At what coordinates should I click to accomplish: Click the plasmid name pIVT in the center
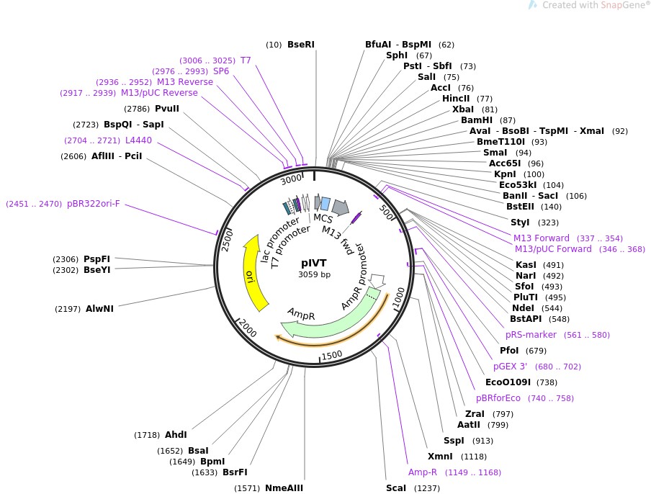tap(314, 264)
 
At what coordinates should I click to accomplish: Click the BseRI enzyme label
tap(300, 45)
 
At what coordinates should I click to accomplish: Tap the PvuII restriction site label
tap(167, 109)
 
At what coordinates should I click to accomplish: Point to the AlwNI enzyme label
tap(99, 309)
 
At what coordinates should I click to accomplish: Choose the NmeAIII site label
tap(284, 488)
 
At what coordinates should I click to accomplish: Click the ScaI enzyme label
tap(396, 488)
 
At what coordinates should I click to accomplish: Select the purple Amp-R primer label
tap(423, 472)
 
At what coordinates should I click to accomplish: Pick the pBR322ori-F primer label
tap(94, 204)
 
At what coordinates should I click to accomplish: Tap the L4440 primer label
tap(138, 140)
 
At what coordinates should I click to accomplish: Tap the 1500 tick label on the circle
tap(332, 354)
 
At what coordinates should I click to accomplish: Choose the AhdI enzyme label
tap(176, 435)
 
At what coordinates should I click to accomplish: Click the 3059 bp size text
tap(314, 275)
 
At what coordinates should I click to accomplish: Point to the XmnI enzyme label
tap(439, 457)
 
